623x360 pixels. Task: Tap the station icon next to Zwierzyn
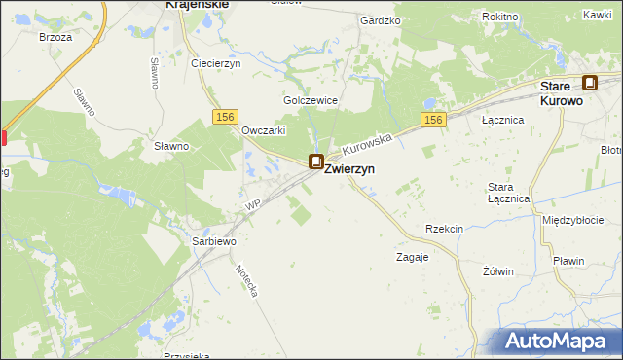click(316, 162)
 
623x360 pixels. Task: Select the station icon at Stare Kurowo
click(590, 85)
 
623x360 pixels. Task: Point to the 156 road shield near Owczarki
click(226, 117)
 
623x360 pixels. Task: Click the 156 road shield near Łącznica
click(434, 120)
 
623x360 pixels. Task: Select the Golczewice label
click(310, 100)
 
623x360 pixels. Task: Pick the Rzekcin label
click(444, 228)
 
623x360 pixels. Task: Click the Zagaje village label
click(412, 258)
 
